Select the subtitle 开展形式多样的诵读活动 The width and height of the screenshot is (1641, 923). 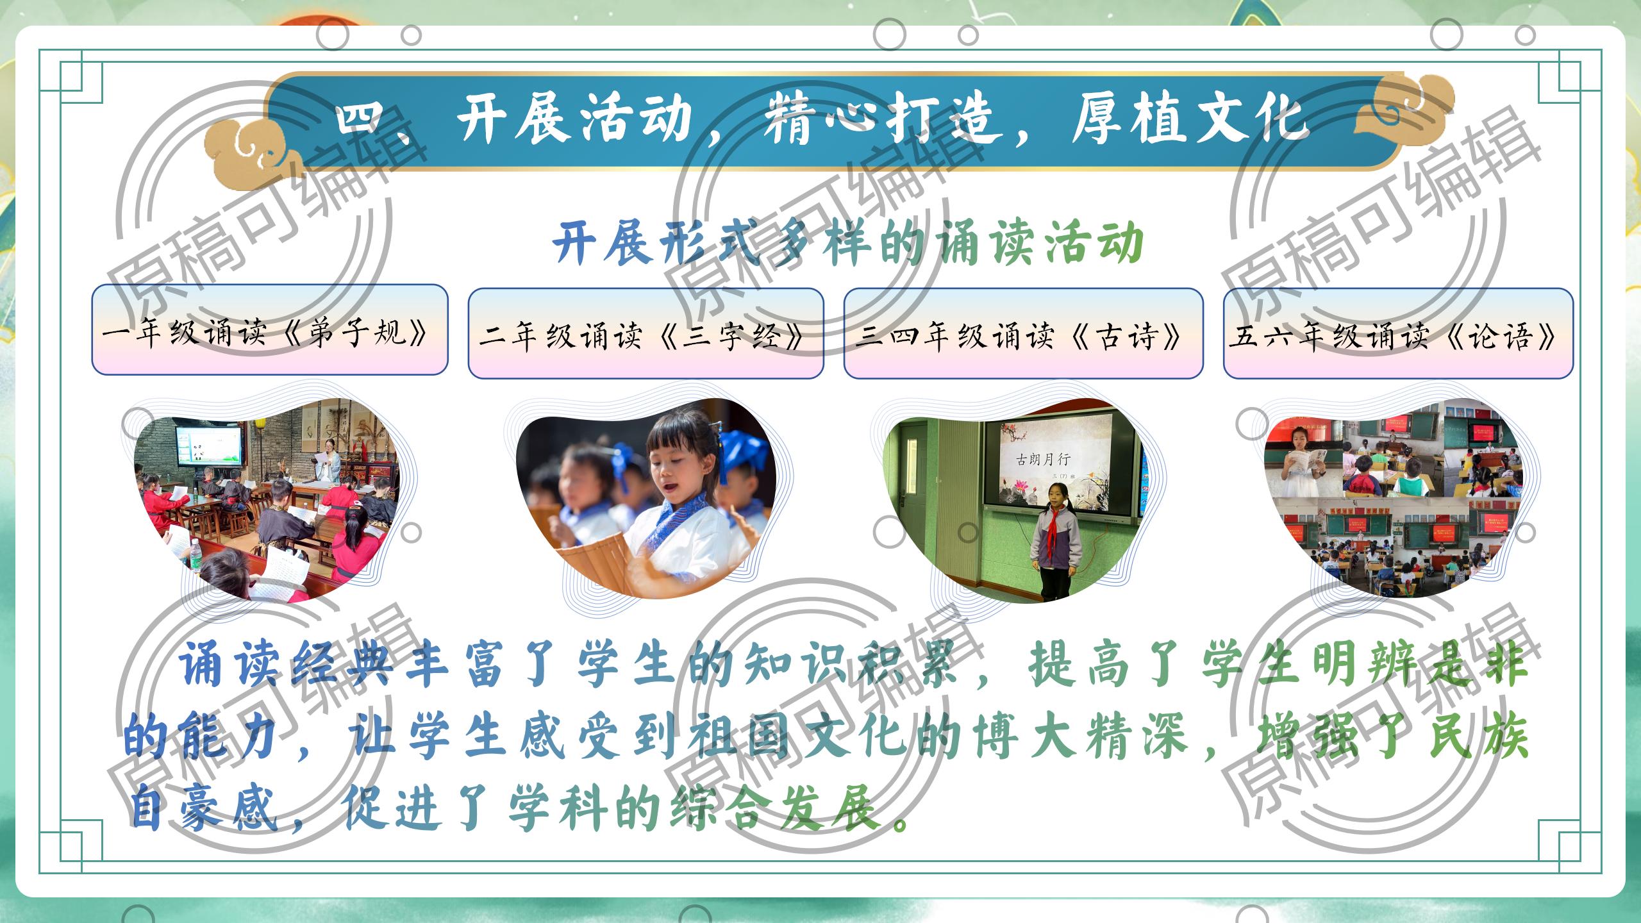848,243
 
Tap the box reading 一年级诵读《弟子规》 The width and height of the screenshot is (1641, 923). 269,329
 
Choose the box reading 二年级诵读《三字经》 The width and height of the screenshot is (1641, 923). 646,333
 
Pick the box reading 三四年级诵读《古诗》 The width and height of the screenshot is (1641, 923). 1023,333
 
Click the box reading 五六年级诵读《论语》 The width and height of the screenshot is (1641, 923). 1398,333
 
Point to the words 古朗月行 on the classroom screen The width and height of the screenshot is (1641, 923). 1044,459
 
